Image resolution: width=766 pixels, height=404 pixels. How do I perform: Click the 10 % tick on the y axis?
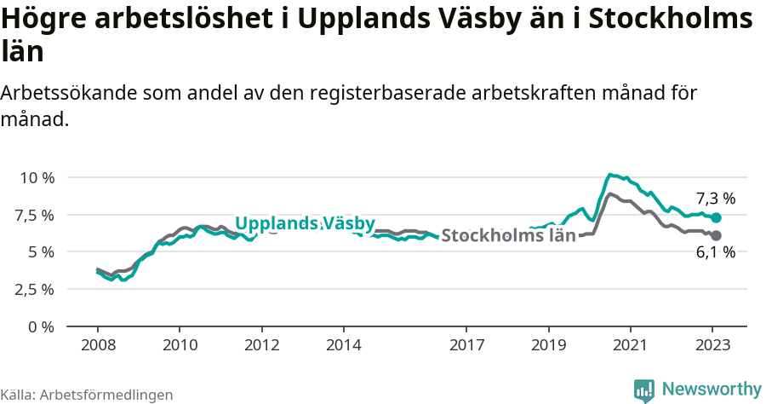coord(37,177)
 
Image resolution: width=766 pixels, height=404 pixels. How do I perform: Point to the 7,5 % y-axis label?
coord(35,215)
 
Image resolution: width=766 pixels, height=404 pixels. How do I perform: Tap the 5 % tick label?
coord(42,251)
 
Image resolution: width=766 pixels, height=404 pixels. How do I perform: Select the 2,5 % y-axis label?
coord(35,289)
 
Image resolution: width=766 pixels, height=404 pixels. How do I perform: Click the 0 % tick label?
coord(42,326)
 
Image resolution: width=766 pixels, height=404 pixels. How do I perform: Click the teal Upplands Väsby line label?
coord(305,223)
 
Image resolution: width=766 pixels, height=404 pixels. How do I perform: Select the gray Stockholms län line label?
coord(509,235)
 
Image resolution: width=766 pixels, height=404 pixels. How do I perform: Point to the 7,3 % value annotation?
coord(715,199)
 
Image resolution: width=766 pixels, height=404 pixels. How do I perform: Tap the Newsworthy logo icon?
coord(644,390)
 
